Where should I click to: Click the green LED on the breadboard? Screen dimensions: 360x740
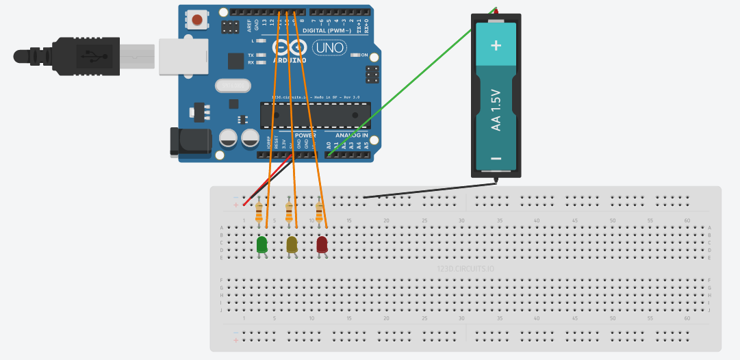[x=261, y=244]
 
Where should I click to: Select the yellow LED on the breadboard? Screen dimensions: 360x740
[x=292, y=244]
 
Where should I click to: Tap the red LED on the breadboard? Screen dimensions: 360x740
[x=322, y=244]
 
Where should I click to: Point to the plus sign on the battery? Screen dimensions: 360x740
[x=496, y=45]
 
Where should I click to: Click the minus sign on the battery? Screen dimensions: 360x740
[x=496, y=159]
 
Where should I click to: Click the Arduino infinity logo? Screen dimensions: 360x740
[x=289, y=47]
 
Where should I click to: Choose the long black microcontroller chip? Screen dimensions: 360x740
[x=315, y=114]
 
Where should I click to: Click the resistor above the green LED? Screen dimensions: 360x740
[x=258, y=211]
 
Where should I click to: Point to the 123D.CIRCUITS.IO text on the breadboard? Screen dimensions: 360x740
[x=465, y=269]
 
